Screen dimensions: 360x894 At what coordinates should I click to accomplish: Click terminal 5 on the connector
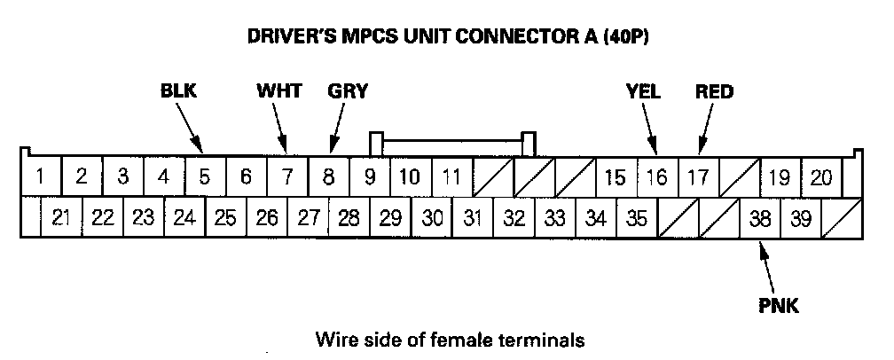(204, 176)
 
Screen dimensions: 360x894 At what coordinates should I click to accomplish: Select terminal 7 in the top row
(286, 176)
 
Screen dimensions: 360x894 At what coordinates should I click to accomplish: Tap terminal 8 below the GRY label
(328, 176)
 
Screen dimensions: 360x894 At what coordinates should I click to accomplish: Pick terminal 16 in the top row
(656, 176)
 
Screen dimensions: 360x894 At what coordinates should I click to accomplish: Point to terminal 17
(698, 176)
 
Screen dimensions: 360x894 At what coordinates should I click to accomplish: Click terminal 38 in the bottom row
(760, 217)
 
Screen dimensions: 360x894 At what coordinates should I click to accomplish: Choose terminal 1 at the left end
(40, 176)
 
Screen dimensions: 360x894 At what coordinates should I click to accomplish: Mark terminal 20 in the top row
(821, 176)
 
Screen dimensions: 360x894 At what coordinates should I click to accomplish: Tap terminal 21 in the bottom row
(61, 217)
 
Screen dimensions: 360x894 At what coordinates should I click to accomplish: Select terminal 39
(801, 217)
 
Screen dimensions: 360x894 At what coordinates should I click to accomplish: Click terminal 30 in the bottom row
(432, 217)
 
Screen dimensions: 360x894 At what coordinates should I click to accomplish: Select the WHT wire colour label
(278, 91)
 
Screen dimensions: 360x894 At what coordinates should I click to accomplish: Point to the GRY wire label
(347, 91)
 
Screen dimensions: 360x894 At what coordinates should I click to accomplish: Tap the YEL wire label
(643, 91)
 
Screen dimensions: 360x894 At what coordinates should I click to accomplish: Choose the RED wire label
(715, 91)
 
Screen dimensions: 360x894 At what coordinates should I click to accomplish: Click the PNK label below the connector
(780, 307)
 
